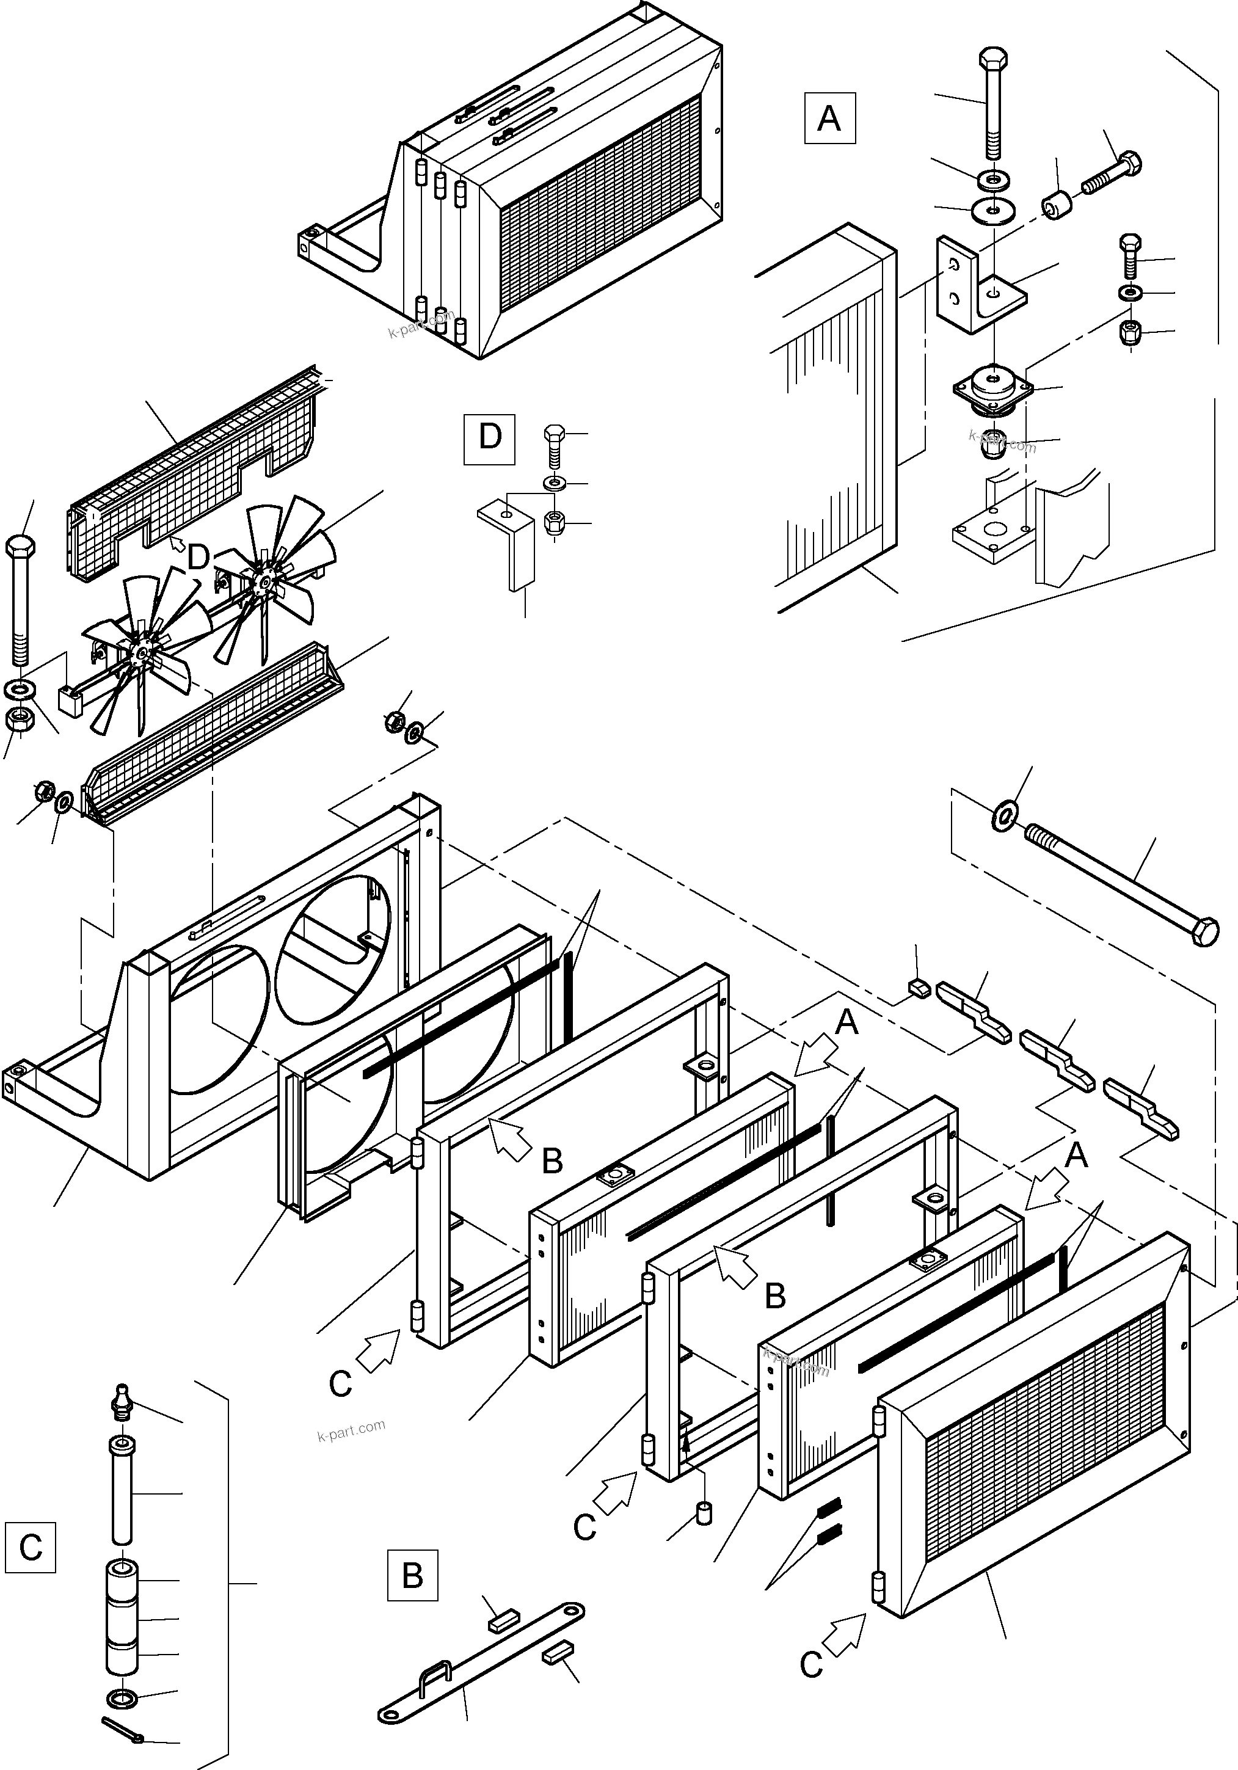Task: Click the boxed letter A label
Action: pos(829,118)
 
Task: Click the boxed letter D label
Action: pos(489,439)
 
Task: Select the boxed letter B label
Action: pos(412,1575)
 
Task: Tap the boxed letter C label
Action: pos(29,1547)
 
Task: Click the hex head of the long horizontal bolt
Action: pos(1205,931)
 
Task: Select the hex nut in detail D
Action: pos(553,523)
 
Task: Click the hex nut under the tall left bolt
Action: pos(18,720)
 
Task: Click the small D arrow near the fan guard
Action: pos(178,545)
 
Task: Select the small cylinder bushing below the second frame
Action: pos(703,1512)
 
